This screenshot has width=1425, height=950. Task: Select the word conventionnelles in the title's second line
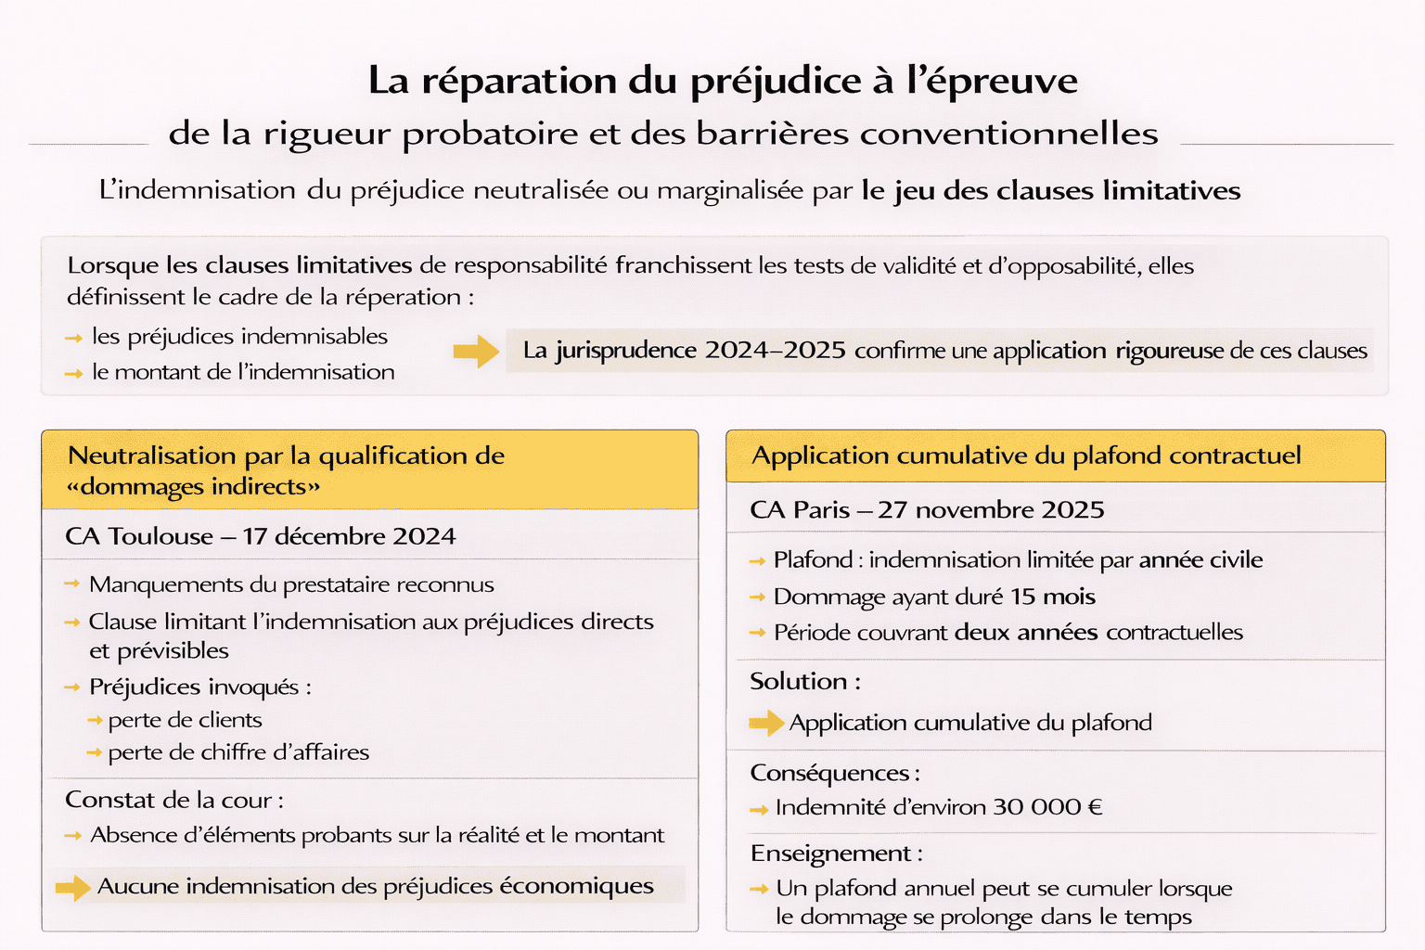[1009, 134]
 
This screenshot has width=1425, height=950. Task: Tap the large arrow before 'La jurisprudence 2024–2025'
[476, 352]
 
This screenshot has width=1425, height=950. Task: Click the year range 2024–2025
[775, 351]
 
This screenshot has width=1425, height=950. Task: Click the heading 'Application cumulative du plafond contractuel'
[1026, 456]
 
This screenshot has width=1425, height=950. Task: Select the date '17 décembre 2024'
[349, 536]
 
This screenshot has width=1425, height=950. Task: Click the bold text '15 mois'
[1053, 597]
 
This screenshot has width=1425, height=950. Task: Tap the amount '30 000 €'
[1047, 807]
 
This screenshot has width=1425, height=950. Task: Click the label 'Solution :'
[805, 682]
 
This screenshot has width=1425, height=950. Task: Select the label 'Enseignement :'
[836, 854]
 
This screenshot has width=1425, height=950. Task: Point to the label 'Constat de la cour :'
[174, 800]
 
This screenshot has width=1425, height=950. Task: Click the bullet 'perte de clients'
[185, 720]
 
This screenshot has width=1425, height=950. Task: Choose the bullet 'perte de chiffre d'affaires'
[238, 752]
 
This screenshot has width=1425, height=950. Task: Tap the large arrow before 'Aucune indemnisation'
[72, 888]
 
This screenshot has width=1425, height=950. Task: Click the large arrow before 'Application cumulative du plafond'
[766, 723]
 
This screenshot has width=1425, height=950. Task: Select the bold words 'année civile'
[1200, 560]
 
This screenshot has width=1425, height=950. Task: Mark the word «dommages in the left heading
[135, 487]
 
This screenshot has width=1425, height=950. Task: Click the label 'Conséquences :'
[835, 773]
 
